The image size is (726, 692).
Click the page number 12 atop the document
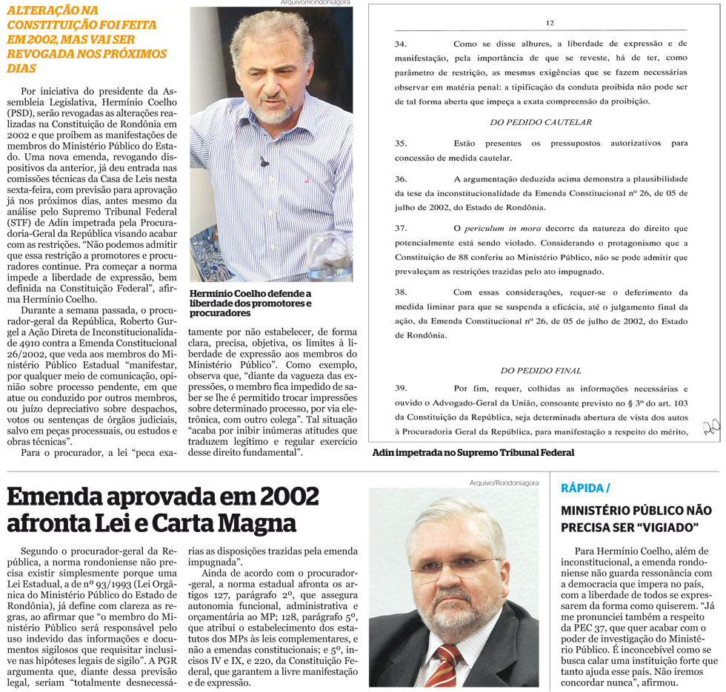pos(550,23)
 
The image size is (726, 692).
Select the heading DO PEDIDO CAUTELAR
pos(540,121)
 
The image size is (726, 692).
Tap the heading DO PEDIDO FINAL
pos(540,370)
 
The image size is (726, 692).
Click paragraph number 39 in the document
pos(401,388)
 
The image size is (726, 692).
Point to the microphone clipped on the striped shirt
pos(264,161)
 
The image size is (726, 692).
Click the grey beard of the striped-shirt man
pos(275,112)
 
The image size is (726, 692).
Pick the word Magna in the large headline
pos(259,523)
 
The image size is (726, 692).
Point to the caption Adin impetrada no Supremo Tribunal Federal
pos(473,451)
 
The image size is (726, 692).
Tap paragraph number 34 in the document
pos(401,44)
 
